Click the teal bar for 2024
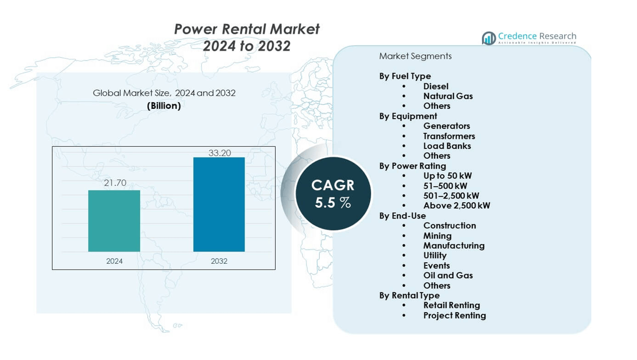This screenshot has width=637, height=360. [x=114, y=221]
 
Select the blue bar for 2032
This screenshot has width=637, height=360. [x=219, y=204]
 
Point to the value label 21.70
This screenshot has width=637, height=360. [x=115, y=183]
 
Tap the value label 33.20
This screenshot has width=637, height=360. [x=220, y=153]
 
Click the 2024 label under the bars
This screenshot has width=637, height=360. [x=114, y=261]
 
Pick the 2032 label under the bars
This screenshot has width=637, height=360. [x=219, y=261]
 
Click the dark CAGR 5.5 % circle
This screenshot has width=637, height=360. [x=333, y=194]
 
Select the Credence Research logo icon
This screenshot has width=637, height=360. [x=489, y=38]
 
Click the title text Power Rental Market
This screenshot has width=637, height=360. [x=247, y=29]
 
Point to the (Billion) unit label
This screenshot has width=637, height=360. [x=164, y=105]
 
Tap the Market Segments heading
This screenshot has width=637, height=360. [x=415, y=56]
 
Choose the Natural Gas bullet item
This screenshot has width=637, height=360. [x=448, y=96]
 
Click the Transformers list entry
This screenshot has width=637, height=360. [x=449, y=136]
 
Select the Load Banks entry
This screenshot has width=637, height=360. [x=447, y=146]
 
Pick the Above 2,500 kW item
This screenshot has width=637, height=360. [x=457, y=206]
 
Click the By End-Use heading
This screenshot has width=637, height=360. [x=402, y=215]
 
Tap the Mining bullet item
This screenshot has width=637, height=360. [x=437, y=235]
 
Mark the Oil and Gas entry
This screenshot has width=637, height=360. [x=448, y=275]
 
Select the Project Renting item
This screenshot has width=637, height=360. [x=454, y=315]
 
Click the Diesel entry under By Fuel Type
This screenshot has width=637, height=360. [x=436, y=86]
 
